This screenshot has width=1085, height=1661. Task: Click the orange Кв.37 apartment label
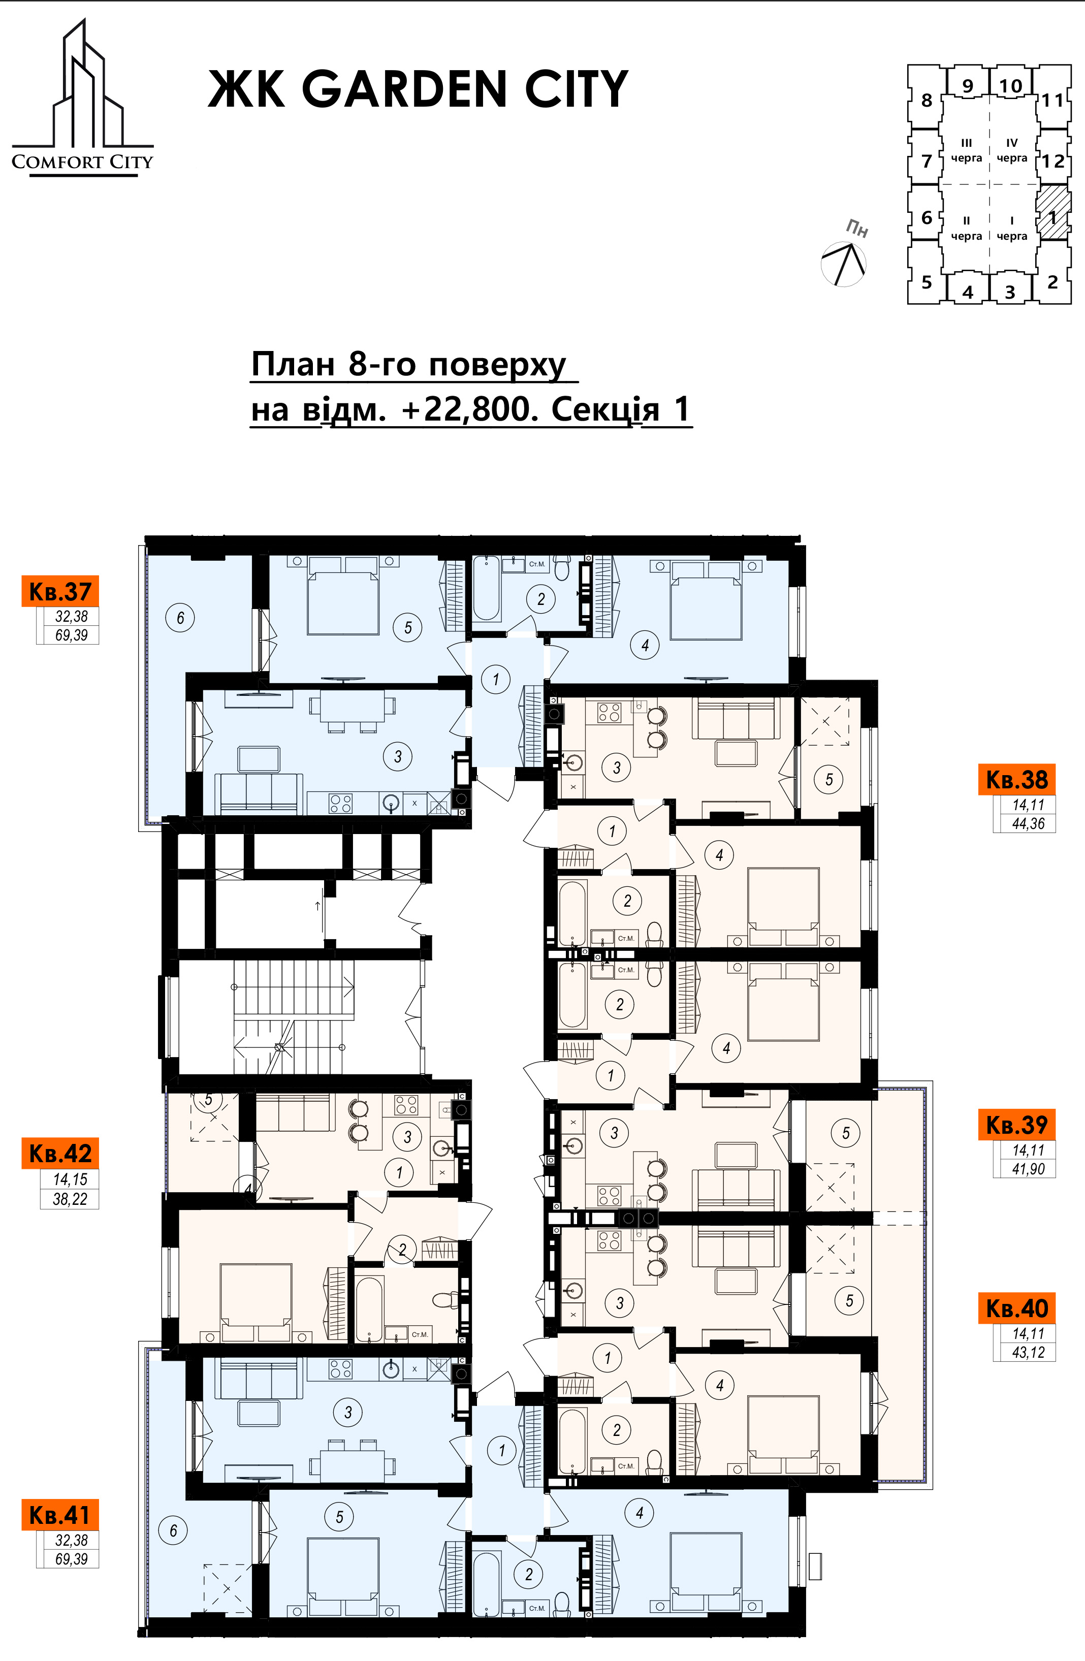click(x=60, y=591)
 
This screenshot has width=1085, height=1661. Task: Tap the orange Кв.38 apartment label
click(x=1016, y=779)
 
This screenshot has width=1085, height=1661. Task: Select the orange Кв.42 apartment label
click(x=60, y=1153)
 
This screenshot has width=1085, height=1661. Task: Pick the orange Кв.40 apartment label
click(x=1016, y=1307)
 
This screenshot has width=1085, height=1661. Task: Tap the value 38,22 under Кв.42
click(x=70, y=1199)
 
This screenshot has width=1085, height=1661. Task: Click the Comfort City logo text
click(x=82, y=162)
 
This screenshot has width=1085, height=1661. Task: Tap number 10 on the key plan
click(x=1010, y=86)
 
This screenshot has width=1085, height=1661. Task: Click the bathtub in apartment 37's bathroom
click(x=486, y=588)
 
